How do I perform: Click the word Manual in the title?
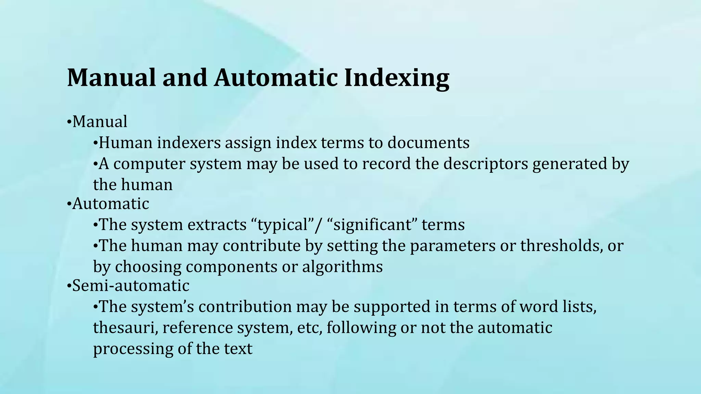(111, 77)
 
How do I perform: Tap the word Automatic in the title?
(276, 77)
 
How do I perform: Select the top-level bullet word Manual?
(100, 121)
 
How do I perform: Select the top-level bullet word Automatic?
(111, 204)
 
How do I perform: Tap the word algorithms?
(342, 267)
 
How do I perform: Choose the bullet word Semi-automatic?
(130, 286)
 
